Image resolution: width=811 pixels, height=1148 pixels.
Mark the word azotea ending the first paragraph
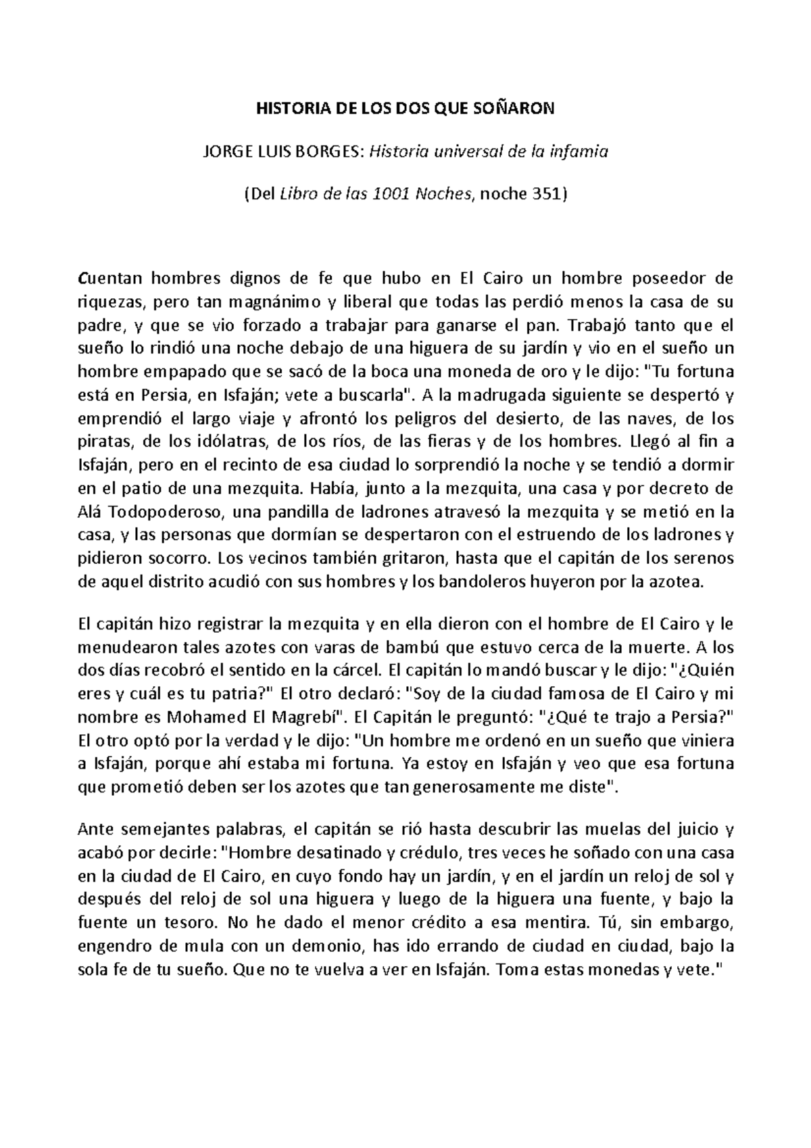(x=673, y=582)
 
